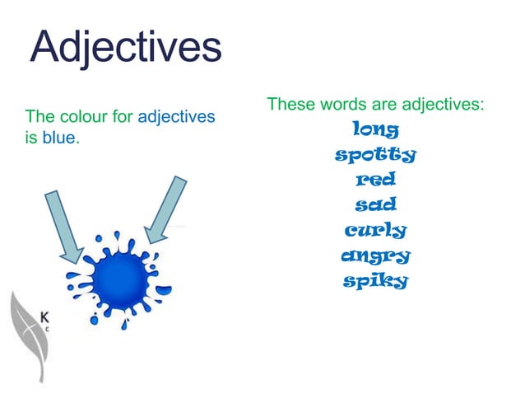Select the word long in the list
375,129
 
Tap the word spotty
375,154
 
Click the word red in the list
375,179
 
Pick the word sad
375,204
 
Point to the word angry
375,256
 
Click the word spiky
375,281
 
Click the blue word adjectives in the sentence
176,117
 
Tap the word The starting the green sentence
39,117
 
